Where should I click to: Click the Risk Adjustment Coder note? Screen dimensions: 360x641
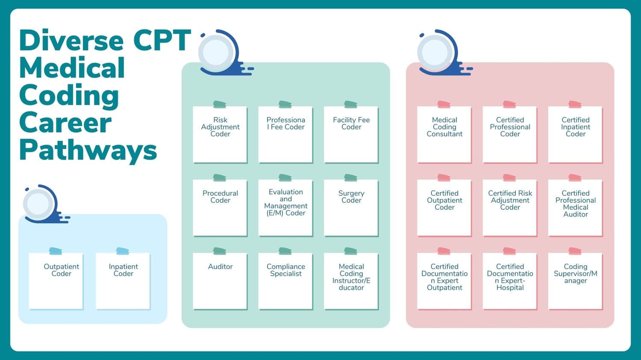220,134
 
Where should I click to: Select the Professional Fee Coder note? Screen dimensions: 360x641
285,134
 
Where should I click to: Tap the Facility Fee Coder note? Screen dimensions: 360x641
351,134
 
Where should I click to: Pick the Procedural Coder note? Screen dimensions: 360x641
220,208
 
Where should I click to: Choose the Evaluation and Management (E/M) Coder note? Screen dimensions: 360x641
285,208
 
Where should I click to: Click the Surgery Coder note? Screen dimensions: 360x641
351,208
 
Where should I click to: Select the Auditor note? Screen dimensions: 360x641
220,281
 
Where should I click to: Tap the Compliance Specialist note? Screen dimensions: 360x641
285,281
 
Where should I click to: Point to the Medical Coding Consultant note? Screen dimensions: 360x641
444,134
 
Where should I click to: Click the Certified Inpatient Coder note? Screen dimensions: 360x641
575,134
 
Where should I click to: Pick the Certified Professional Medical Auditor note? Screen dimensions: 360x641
575,208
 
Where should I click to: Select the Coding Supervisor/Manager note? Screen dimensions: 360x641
575,281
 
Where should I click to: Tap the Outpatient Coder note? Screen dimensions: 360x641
56,281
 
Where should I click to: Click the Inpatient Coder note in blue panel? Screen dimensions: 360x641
123,281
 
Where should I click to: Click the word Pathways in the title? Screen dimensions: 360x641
88,151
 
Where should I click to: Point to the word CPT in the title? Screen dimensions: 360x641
162,41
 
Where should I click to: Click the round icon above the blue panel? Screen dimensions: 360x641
39,204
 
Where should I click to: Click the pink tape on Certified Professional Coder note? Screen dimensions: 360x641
509,104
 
